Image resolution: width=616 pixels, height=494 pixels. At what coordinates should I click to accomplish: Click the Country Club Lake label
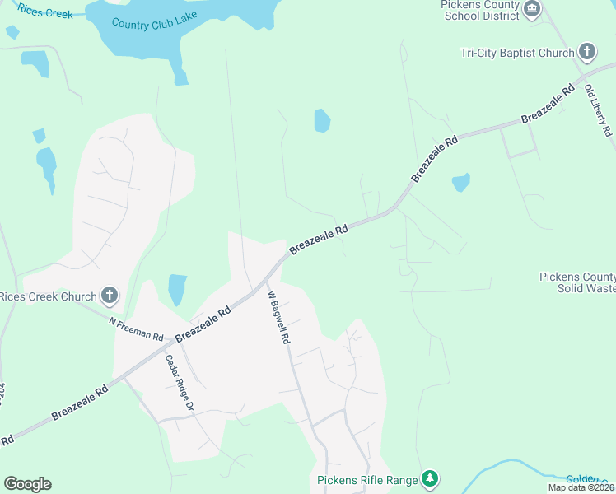149,24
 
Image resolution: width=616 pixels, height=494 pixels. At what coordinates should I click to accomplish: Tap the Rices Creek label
45,14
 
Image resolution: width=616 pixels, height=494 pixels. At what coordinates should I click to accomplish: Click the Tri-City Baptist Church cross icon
586,53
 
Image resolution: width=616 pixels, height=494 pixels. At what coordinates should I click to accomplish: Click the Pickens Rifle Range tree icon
428,478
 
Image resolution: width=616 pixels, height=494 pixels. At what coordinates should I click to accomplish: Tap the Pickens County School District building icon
532,9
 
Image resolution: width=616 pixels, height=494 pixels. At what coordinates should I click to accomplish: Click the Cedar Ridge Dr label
179,383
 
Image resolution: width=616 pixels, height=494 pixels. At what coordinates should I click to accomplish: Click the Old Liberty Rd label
599,110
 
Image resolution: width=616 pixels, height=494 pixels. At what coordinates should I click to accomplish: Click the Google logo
27,484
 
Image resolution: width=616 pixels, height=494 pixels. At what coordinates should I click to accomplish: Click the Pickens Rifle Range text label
366,479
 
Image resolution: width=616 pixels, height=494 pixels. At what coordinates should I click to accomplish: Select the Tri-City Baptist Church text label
517,54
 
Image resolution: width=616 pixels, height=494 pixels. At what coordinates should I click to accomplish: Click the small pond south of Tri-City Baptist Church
460,182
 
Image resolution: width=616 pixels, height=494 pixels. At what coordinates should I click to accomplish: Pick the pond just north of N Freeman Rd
177,290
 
